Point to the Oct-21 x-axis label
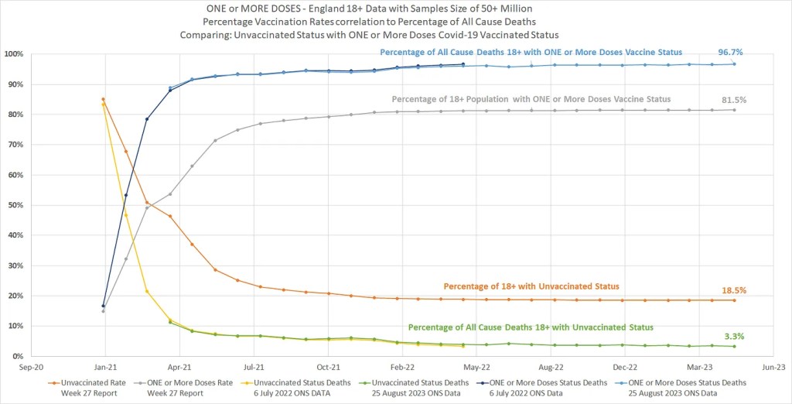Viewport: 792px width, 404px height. point(327,367)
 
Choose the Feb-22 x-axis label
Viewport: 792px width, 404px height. point(401,367)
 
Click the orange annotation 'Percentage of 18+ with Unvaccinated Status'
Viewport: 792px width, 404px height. point(531,286)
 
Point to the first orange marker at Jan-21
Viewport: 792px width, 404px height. point(103,99)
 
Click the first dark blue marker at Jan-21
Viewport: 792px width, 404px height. point(104,306)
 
